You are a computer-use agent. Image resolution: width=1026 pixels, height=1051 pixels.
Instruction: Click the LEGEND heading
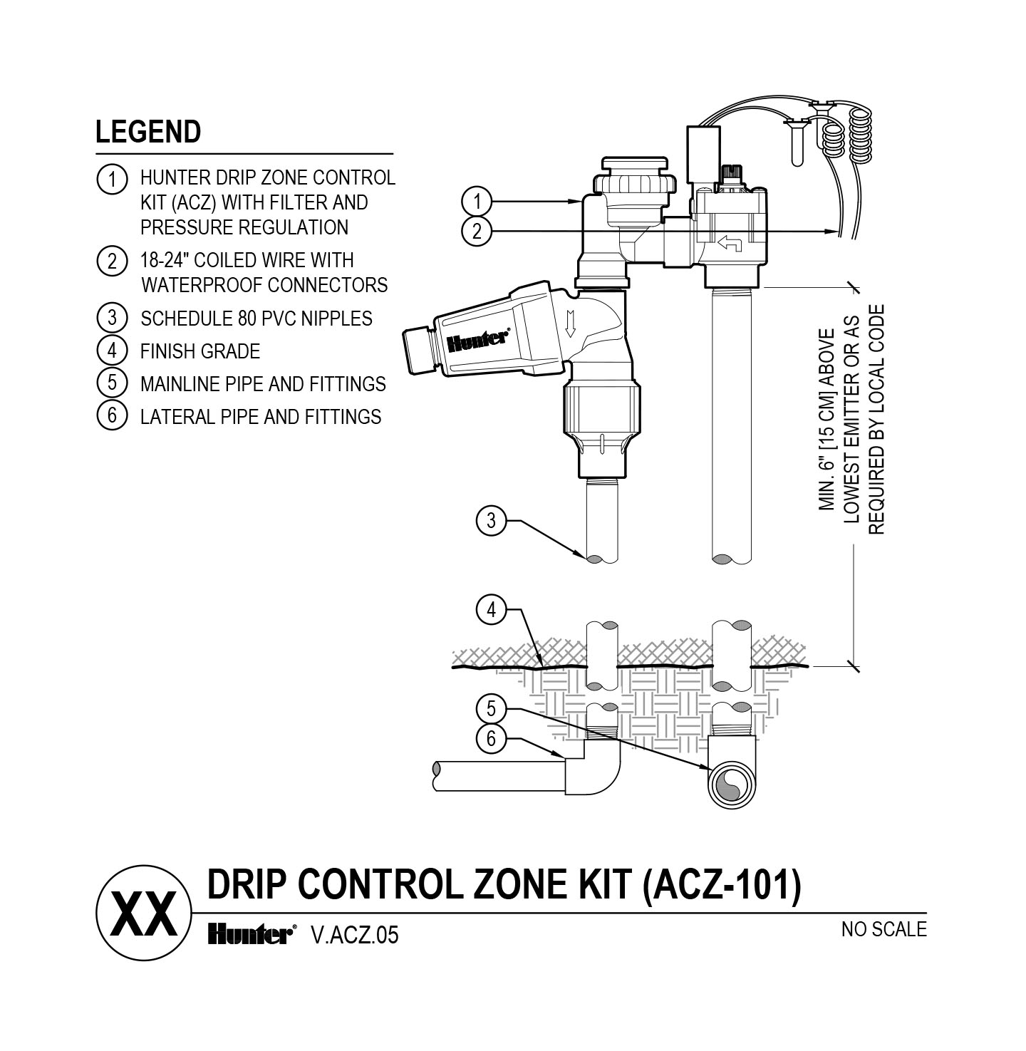click(x=148, y=132)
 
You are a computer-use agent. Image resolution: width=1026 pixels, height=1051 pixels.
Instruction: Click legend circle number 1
click(x=111, y=179)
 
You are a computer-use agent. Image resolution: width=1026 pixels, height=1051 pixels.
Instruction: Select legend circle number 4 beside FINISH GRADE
click(x=111, y=351)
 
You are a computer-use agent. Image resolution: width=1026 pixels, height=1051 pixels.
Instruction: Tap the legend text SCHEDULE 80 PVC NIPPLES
click(x=256, y=318)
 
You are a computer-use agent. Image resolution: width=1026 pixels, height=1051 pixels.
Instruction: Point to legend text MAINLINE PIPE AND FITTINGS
click(x=263, y=384)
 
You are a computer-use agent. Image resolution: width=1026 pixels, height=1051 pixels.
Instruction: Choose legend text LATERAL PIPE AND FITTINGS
click(x=261, y=416)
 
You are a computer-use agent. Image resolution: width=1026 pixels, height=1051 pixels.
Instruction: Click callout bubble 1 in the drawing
click(x=476, y=202)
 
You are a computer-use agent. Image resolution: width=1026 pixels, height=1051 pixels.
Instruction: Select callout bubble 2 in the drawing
click(x=476, y=231)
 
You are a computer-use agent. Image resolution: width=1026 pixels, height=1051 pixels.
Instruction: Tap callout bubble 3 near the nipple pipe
click(x=490, y=521)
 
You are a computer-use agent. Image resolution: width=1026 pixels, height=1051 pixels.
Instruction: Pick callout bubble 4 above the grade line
click(x=490, y=610)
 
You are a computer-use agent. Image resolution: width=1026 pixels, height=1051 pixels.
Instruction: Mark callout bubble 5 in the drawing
click(x=490, y=709)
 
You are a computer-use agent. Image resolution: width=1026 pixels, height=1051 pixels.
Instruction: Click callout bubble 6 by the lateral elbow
click(x=490, y=739)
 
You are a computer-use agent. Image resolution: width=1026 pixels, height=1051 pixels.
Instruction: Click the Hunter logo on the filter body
click(x=477, y=341)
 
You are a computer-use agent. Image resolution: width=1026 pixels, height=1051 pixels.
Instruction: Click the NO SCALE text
click(x=883, y=929)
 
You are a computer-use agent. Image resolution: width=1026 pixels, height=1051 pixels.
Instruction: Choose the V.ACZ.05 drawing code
click(x=354, y=935)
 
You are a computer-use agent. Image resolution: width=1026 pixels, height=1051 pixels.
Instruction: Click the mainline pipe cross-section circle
click(x=730, y=785)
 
